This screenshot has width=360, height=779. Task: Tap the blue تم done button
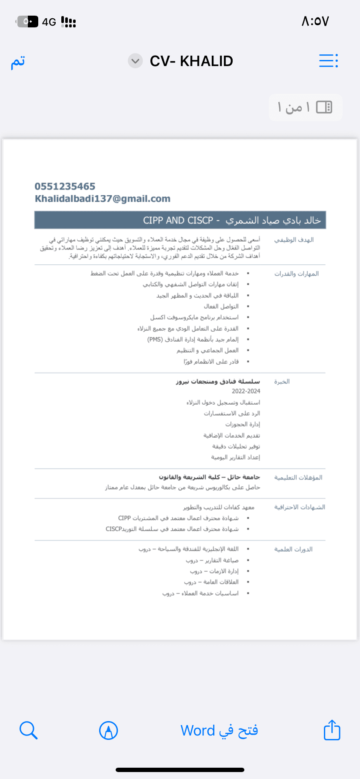pos(18,61)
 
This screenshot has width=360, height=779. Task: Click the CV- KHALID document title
pos(191,61)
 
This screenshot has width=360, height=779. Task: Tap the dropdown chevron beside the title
pos(135,61)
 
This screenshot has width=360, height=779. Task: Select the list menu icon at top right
pos(328,61)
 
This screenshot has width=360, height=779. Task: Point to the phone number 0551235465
pos(65,186)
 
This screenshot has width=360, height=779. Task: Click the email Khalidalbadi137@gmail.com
pos(103,199)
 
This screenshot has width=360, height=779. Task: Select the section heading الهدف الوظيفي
pos(294,240)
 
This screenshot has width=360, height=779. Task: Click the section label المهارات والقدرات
pos(297,274)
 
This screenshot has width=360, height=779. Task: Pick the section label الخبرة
pos(282,382)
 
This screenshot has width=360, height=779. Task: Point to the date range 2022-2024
pos(246,391)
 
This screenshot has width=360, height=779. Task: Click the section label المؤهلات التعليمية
pos(298,477)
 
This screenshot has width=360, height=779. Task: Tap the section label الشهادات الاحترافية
pos(300,507)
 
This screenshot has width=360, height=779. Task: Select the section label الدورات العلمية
pos(293,549)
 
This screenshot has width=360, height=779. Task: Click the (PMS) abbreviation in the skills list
pos(155,340)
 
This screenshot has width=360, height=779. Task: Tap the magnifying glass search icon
pos(28,730)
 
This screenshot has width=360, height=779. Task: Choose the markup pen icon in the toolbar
pos(108,730)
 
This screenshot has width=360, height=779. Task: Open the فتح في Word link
pos(219,730)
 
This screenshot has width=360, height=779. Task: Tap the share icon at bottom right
pos(332,730)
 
